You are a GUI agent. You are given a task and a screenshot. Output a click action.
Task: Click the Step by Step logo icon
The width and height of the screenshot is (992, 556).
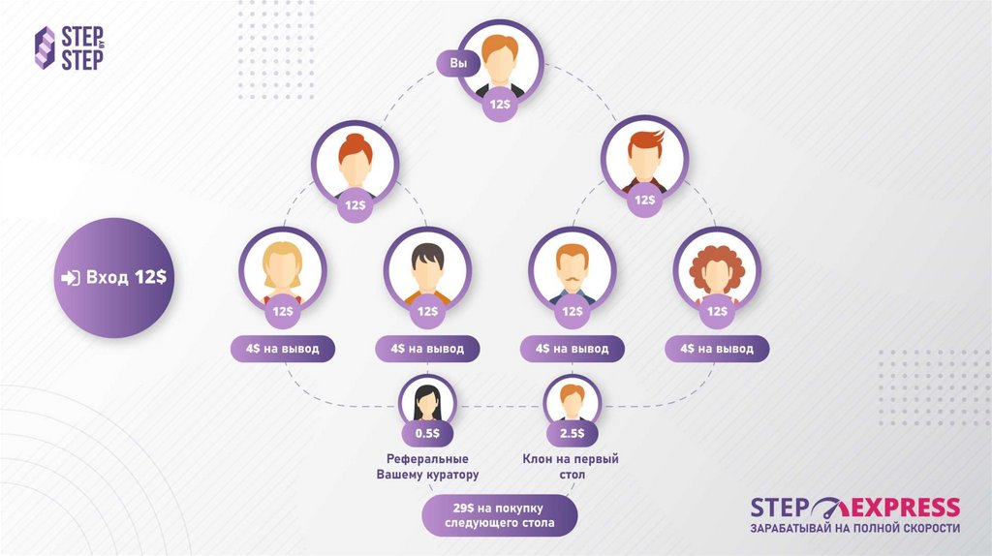(45, 47)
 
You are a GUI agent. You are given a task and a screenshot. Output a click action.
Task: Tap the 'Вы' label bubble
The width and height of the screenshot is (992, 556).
(458, 64)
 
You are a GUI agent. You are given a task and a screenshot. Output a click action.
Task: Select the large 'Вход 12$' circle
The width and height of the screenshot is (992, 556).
(113, 277)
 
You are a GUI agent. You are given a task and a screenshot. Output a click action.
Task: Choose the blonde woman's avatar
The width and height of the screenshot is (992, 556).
(283, 268)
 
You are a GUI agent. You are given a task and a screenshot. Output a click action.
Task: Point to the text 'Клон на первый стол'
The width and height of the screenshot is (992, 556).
(571, 467)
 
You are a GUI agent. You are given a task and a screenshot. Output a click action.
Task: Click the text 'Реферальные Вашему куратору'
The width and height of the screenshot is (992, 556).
(427, 467)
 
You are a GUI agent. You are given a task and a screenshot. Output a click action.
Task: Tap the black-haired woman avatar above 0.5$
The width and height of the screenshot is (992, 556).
(427, 399)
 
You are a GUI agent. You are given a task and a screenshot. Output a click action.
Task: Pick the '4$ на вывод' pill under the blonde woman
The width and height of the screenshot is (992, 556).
(283, 349)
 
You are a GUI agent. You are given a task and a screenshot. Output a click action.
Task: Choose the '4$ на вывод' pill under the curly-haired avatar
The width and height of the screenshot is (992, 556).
(717, 349)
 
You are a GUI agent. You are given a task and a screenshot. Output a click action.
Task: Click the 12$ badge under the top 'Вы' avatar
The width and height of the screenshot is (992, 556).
(500, 104)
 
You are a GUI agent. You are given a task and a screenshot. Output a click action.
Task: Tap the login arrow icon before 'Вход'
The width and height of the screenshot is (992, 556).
(70, 278)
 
